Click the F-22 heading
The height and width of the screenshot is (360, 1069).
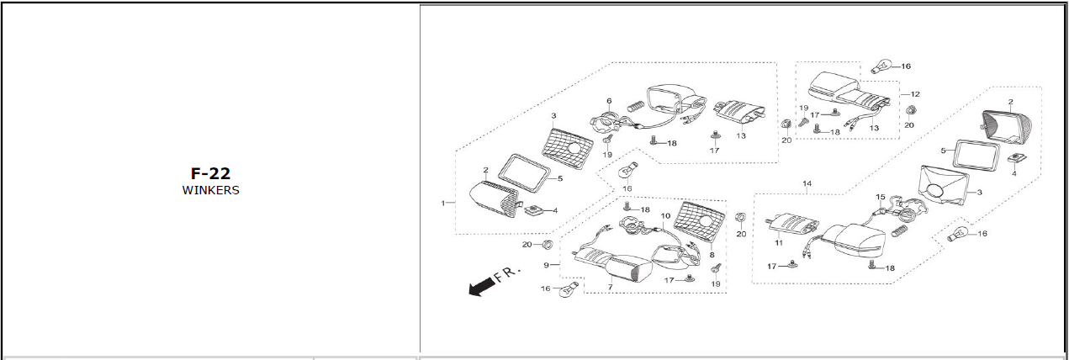tap(210, 174)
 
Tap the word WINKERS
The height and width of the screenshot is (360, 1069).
tap(210, 190)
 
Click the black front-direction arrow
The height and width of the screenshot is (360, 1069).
tap(480, 287)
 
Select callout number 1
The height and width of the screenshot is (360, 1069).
tap(443, 203)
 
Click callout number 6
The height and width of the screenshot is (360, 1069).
tap(609, 102)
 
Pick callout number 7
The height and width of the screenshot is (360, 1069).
tap(609, 288)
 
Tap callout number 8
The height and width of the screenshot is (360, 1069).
tap(712, 254)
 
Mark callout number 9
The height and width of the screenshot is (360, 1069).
tap(546, 265)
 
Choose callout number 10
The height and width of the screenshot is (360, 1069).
tap(664, 216)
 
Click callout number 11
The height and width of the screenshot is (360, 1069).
tap(778, 242)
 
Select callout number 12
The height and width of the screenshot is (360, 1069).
tap(915, 94)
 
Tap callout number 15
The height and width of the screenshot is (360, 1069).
tap(881, 198)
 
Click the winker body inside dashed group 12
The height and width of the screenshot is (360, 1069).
tap(833, 84)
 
